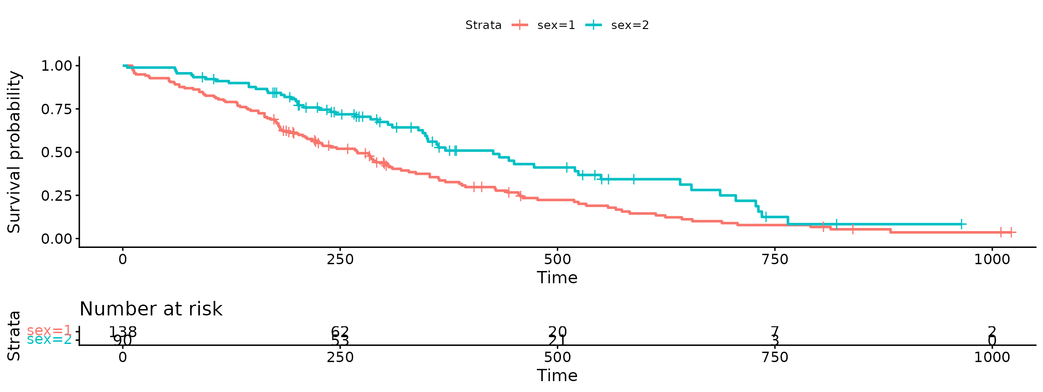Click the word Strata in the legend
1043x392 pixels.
[483, 25]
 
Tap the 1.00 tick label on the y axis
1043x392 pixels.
[56, 66]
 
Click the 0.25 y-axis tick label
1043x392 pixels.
[56, 196]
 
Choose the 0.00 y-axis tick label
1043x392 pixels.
[56, 239]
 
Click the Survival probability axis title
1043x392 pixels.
[14, 152]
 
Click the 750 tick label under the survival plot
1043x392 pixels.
[775, 259]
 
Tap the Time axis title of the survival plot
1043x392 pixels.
[557, 278]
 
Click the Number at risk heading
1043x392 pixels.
[151, 309]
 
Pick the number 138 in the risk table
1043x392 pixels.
[123, 332]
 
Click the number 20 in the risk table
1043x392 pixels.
[557, 332]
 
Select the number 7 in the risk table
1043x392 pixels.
[775, 332]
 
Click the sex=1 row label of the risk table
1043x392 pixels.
[49, 331]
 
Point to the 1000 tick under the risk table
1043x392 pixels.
[992, 357]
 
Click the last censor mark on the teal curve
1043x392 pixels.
[961, 224]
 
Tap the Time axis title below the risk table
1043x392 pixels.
[557, 376]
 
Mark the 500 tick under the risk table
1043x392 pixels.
[557, 357]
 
